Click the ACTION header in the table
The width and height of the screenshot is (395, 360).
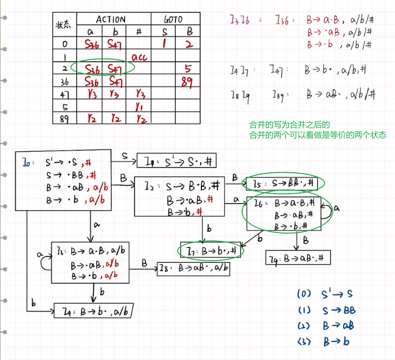click(111, 19)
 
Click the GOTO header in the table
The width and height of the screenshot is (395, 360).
click(173, 20)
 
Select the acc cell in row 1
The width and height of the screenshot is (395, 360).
click(139, 57)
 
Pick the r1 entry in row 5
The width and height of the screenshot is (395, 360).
click(139, 107)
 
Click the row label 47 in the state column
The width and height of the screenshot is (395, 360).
click(64, 95)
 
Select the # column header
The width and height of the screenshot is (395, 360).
click(139, 32)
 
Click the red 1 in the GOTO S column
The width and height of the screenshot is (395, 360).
click(164, 43)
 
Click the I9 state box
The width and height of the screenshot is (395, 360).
click(298, 258)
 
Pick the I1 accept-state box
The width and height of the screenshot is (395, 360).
click(177, 161)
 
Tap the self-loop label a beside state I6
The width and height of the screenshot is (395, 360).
click(337, 209)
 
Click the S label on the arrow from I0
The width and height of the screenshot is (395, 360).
click(125, 156)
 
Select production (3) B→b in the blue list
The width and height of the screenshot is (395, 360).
click(326, 342)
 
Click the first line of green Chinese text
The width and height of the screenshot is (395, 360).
click(289, 125)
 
